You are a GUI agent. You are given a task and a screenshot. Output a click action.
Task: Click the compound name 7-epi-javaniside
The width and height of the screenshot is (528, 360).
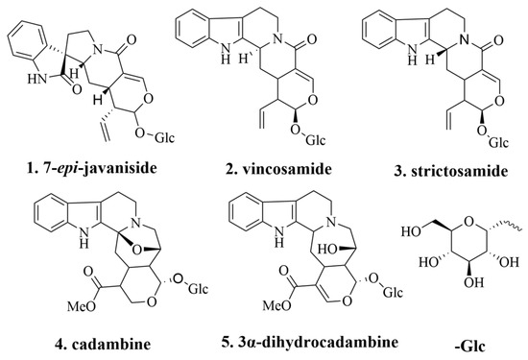click(91, 168)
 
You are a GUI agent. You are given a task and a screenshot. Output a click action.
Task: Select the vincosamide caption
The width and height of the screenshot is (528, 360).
click(278, 168)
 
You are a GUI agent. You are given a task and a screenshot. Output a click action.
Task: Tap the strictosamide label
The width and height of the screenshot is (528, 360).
click(451, 171)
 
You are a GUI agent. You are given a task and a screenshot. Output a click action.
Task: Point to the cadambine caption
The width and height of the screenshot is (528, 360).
click(103, 344)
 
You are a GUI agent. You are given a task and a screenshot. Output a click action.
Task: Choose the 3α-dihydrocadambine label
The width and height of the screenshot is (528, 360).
click(310, 342)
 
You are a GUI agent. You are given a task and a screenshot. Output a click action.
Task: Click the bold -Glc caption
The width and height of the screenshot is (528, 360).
click(470, 346)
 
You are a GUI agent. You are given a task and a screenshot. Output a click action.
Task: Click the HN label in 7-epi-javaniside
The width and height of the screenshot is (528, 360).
click(37, 80)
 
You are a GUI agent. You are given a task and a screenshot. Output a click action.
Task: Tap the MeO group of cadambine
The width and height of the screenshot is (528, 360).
click(83, 306)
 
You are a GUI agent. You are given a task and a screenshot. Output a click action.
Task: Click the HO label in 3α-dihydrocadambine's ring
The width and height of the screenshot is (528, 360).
click(327, 250)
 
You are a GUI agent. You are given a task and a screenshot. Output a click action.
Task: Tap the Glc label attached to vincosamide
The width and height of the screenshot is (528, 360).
click(316, 139)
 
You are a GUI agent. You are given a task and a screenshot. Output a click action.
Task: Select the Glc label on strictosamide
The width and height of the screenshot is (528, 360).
click(498, 142)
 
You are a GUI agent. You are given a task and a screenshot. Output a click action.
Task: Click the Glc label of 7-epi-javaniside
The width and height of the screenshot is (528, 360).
click(165, 137)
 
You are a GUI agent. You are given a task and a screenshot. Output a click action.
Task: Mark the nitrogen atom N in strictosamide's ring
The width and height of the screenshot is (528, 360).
click(465, 40)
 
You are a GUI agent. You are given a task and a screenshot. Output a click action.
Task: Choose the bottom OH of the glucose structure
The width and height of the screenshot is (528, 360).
click(472, 282)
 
